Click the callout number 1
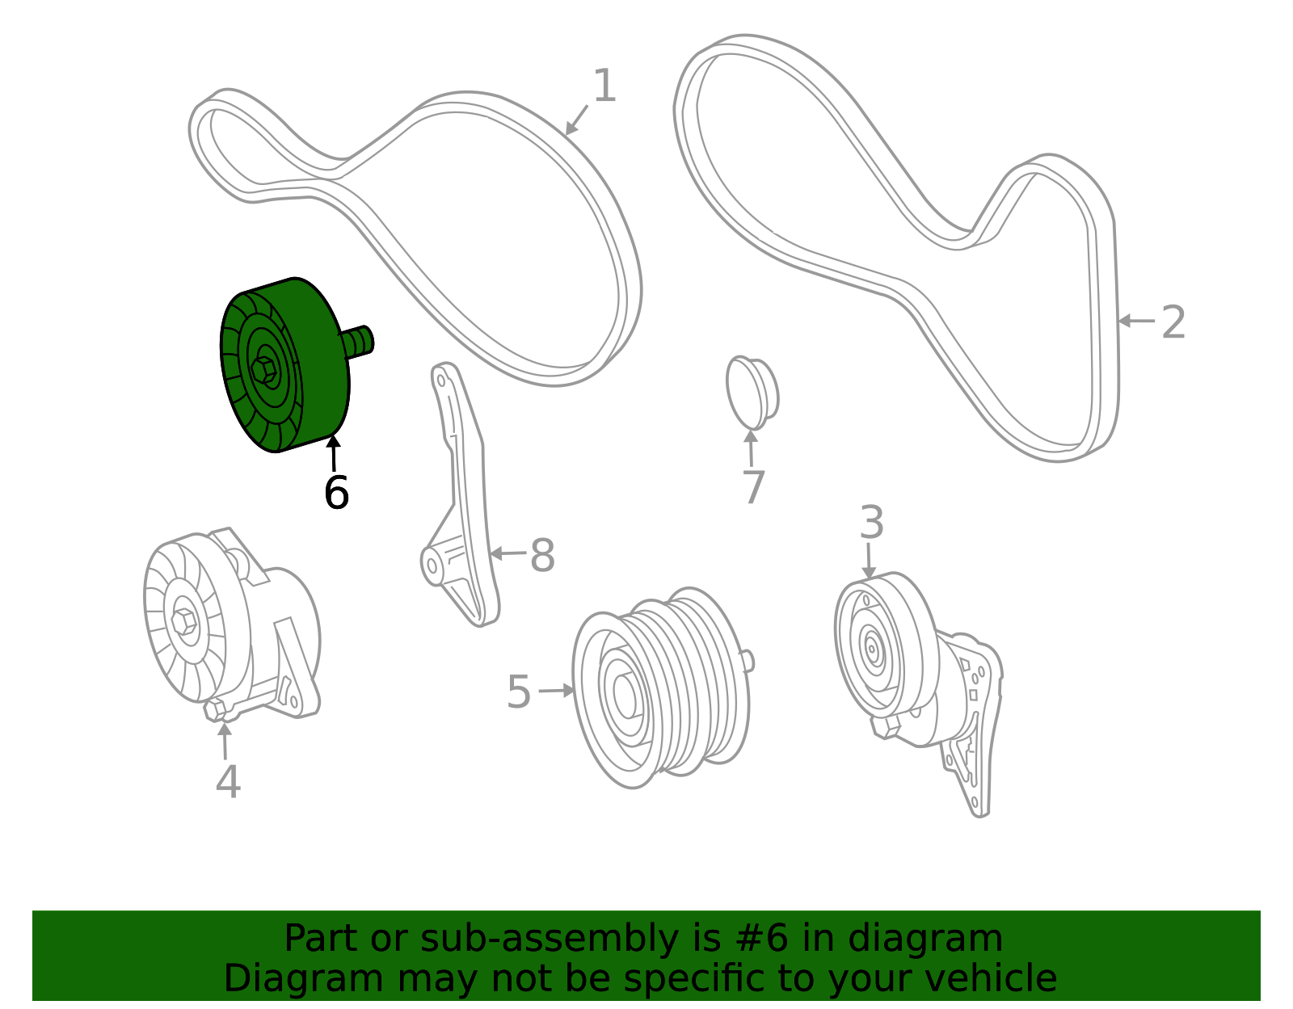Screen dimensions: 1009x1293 coord(604,86)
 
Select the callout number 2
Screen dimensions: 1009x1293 coord(1173,322)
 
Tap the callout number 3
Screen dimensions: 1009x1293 coord(871,523)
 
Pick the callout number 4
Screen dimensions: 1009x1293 coord(228,782)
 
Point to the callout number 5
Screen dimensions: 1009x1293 coord(519,692)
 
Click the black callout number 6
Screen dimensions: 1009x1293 coord(336,493)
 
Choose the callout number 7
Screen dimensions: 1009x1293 coord(753,487)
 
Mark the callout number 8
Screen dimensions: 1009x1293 coord(542,556)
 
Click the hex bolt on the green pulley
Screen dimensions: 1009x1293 coord(263,370)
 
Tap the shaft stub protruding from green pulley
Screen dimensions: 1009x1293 coord(358,340)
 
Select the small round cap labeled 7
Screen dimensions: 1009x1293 coord(752,393)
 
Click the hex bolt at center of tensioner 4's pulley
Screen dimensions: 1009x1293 coord(184,621)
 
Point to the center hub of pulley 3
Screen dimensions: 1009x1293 coord(871,647)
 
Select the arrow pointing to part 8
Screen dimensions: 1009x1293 coord(507,554)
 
